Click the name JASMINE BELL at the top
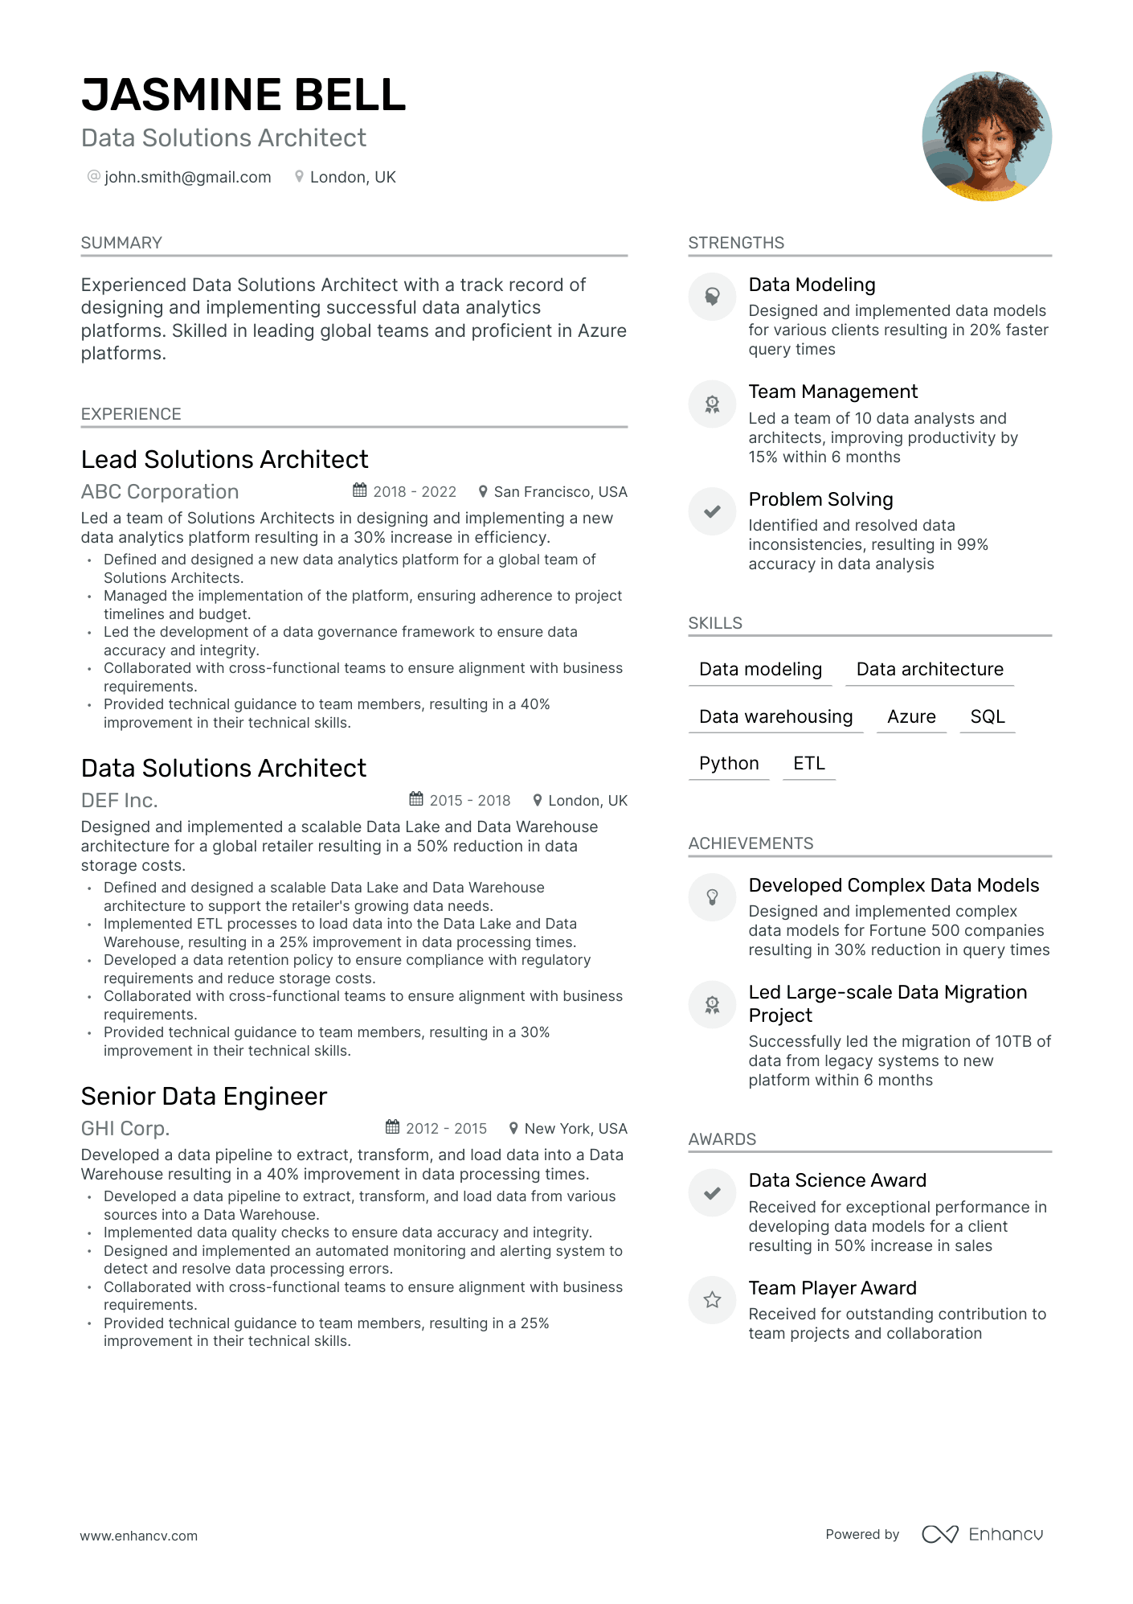(x=243, y=95)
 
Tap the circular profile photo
(x=987, y=136)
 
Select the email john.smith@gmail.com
(x=187, y=177)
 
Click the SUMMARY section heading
(x=121, y=243)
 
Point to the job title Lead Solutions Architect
(x=224, y=459)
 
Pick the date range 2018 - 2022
(x=414, y=491)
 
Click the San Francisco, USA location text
(x=560, y=491)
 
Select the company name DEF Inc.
(x=119, y=800)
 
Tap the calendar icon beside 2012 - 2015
(x=392, y=1127)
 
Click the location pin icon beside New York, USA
(x=513, y=1127)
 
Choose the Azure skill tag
(x=911, y=716)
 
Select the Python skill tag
(x=729, y=763)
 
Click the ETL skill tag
(x=809, y=763)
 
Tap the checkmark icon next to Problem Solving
(x=712, y=511)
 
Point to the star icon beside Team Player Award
(x=712, y=1300)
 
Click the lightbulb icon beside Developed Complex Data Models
(x=712, y=897)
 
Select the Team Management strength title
(x=832, y=392)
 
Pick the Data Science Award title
(x=837, y=1180)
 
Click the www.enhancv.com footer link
(x=138, y=1536)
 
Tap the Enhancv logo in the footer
(x=983, y=1534)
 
